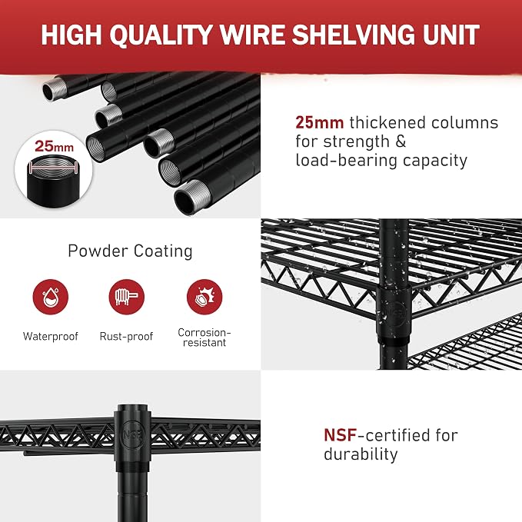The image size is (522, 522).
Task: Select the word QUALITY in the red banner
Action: click(x=161, y=35)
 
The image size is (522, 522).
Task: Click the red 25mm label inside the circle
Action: click(x=54, y=146)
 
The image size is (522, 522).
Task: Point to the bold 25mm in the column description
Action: click(x=319, y=122)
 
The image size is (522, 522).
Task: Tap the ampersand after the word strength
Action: click(x=401, y=141)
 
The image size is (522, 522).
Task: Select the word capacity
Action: click(x=435, y=161)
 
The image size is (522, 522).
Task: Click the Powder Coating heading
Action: click(x=130, y=251)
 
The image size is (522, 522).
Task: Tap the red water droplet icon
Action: click(x=51, y=297)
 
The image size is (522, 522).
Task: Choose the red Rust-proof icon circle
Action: click(x=127, y=297)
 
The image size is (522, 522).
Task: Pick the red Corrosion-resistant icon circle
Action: click(x=204, y=297)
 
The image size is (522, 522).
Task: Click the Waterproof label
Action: click(x=51, y=336)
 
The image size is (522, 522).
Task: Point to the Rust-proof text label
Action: click(x=127, y=336)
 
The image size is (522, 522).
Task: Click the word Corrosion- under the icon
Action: click(x=204, y=332)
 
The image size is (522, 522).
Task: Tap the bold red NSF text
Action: click(x=341, y=435)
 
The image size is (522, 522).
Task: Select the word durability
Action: click(x=361, y=454)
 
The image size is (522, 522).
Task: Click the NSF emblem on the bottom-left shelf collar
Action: click(x=133, y=434)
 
